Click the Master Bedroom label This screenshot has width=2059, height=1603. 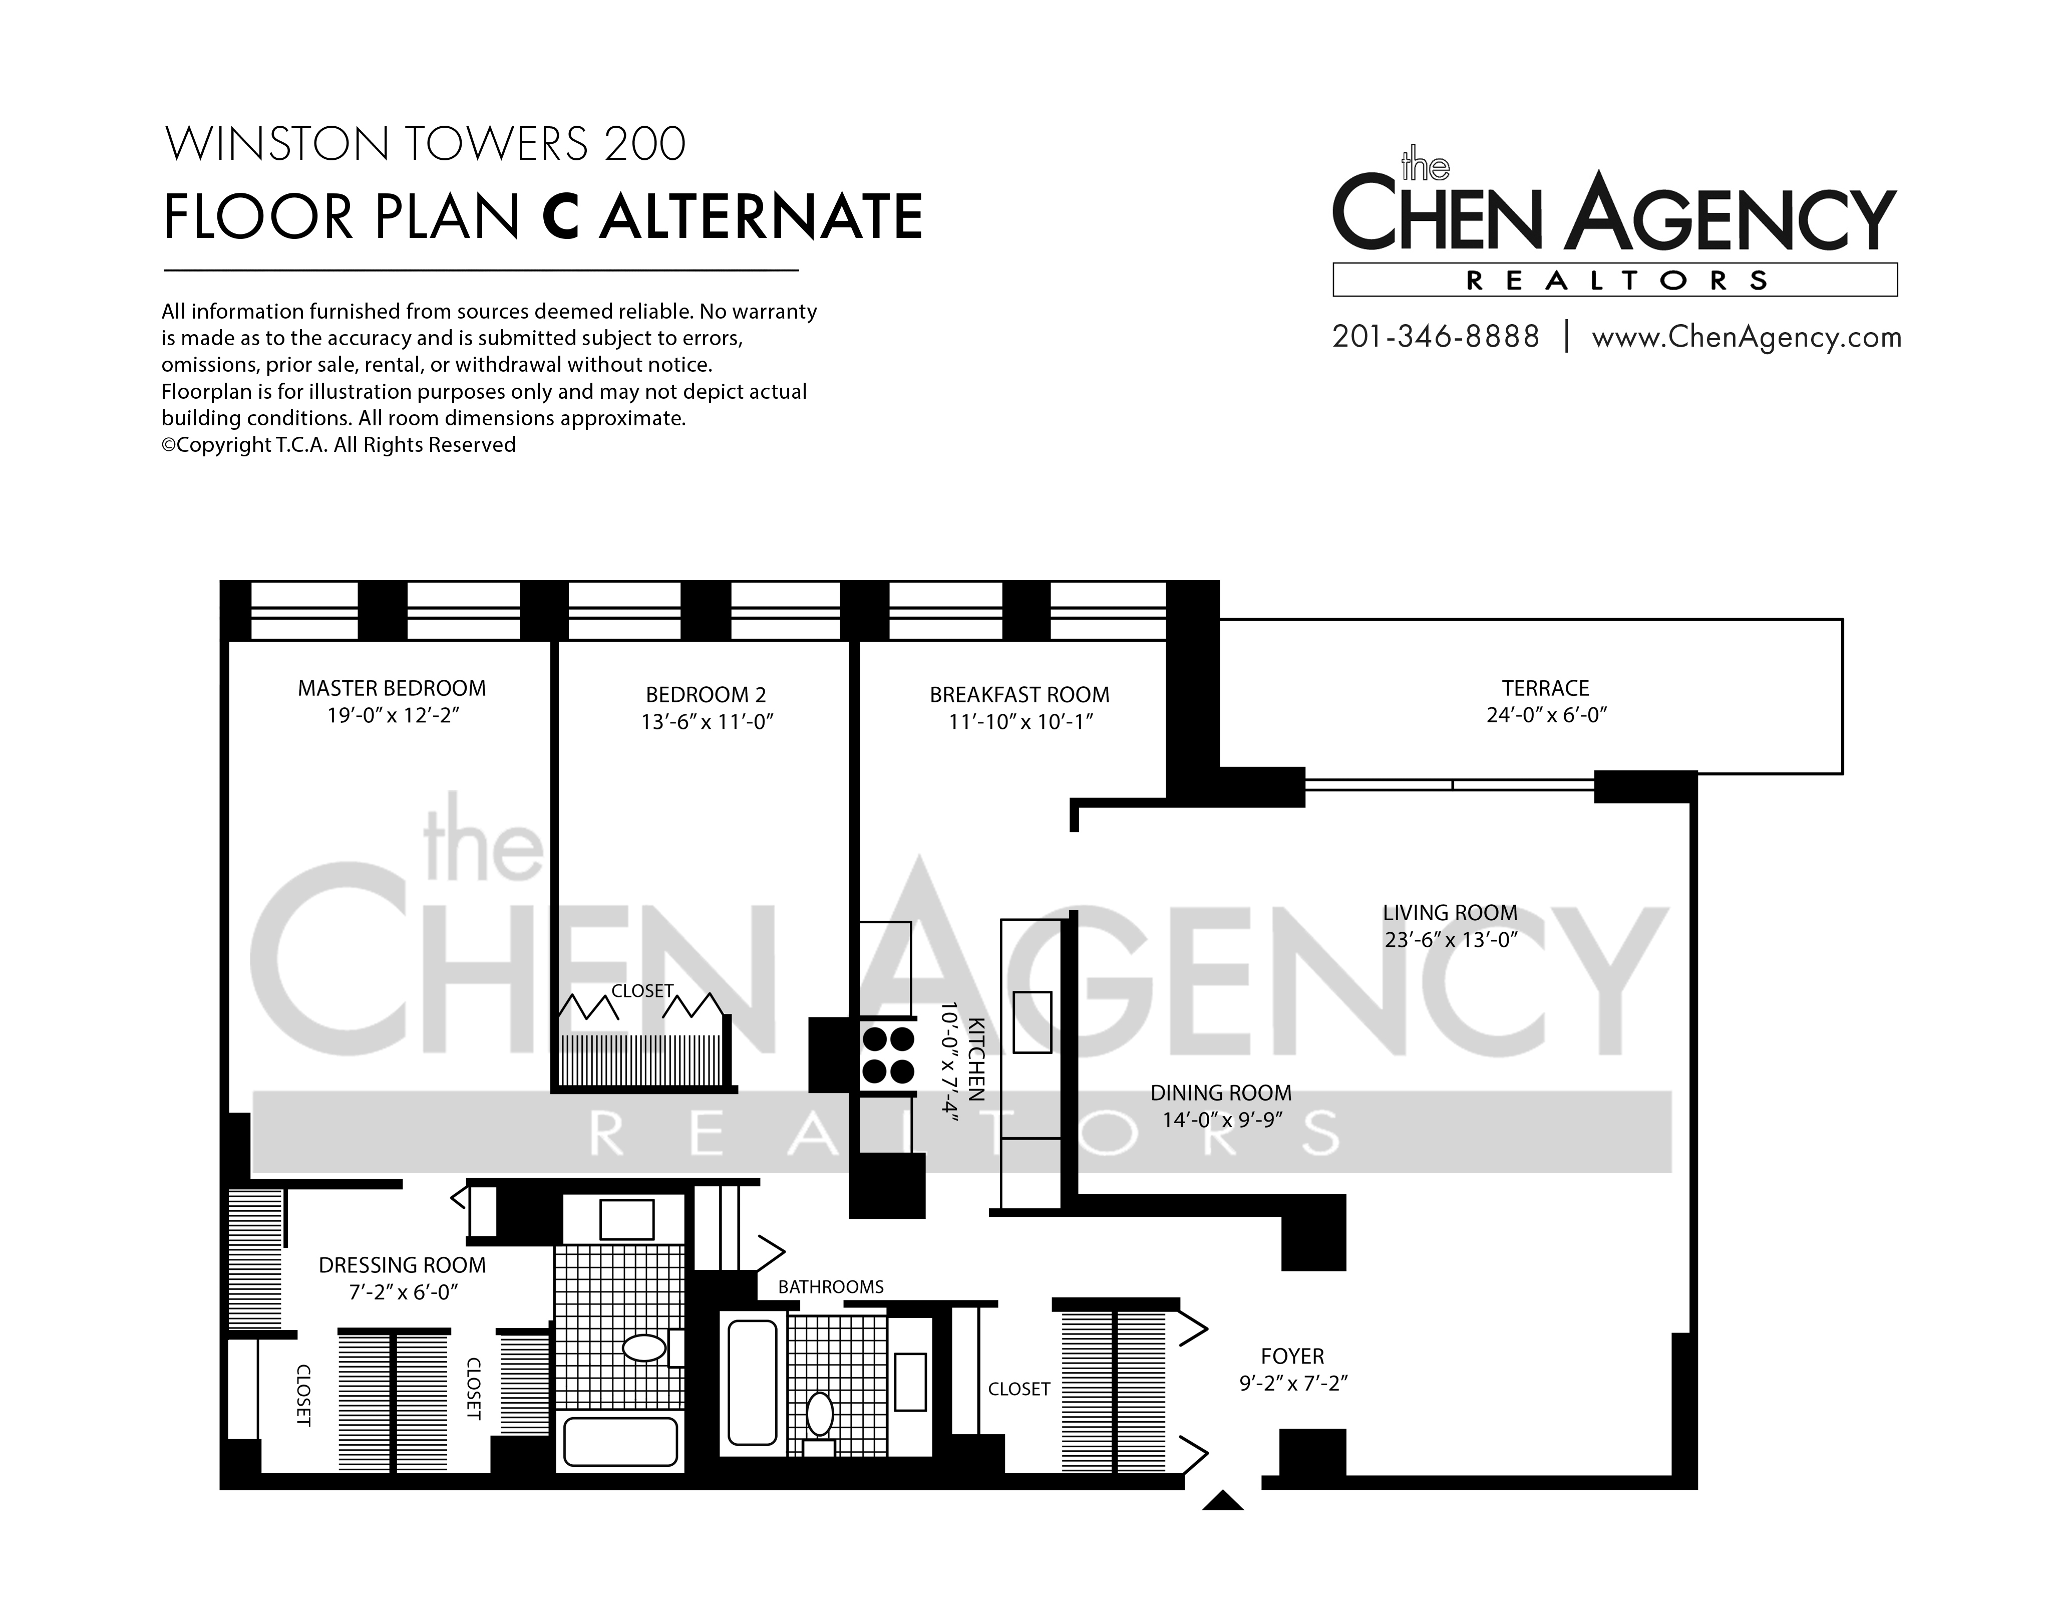pos(392,688)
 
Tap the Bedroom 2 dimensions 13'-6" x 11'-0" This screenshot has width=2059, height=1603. pos(707,722)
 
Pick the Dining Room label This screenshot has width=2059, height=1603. pos(1221,1093)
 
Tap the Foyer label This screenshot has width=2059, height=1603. pos(1292,1356)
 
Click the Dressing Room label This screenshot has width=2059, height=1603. pos(403,1265)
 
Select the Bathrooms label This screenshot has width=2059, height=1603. pos(831,1287)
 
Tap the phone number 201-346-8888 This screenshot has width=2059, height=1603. pos(1436,337)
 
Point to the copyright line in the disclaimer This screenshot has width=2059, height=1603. pos(338,445)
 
